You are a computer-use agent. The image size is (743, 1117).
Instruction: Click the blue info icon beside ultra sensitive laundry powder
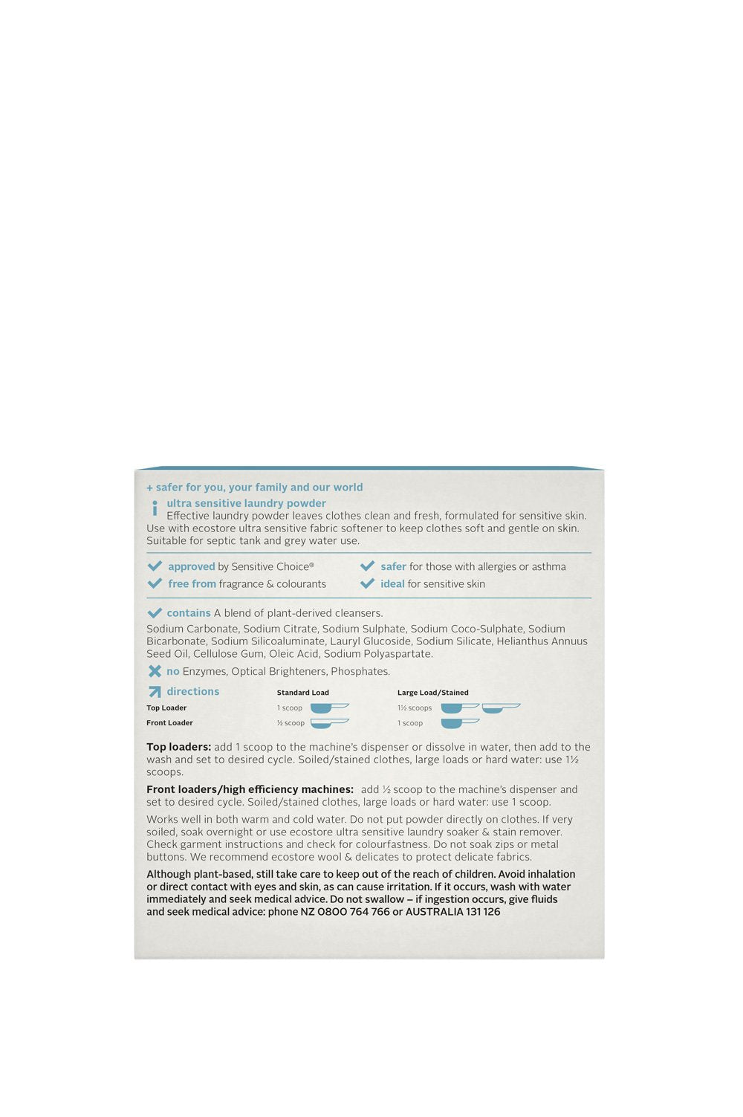pos(155,508)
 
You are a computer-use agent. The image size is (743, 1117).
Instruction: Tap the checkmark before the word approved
pos(155,566)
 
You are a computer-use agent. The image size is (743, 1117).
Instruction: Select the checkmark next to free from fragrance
pos(155,583)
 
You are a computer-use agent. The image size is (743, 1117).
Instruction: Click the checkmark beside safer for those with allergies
pos(367,566)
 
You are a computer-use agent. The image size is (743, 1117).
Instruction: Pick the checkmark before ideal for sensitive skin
pos(367,583)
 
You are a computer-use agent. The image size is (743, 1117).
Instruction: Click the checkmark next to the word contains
pos(155,613)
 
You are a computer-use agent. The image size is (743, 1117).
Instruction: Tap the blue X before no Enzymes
pos(155,671)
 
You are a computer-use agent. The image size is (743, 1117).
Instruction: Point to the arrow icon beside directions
pos(155,692)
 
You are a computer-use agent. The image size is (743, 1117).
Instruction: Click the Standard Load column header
pos(302,693)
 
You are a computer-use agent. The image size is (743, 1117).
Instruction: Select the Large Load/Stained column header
pos(432,693)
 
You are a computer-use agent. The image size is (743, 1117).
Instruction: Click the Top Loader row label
pos(166,708)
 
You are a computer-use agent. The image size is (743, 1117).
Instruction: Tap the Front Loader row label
pos(169,723)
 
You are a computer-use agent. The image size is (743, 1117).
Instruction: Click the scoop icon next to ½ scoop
pos(329,722)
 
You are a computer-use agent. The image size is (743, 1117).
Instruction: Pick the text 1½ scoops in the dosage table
pos(415,708)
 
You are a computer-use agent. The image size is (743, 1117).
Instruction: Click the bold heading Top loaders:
pos(178,747)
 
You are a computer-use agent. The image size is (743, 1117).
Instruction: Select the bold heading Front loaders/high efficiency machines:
pos(250,789)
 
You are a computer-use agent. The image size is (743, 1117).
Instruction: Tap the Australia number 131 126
pos(483,912)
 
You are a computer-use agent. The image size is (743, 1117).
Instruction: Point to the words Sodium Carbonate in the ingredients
pos(192,629)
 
